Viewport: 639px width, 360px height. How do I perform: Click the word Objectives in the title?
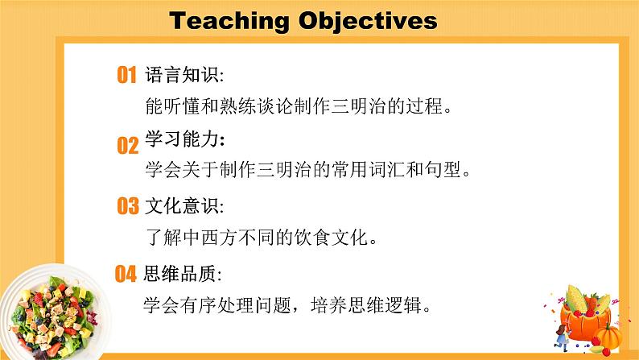coord(367,21)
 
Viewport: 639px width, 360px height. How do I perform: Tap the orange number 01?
coord(127,77)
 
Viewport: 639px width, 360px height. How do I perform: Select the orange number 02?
coord(128,146)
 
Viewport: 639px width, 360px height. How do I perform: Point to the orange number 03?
coord(128,207)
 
